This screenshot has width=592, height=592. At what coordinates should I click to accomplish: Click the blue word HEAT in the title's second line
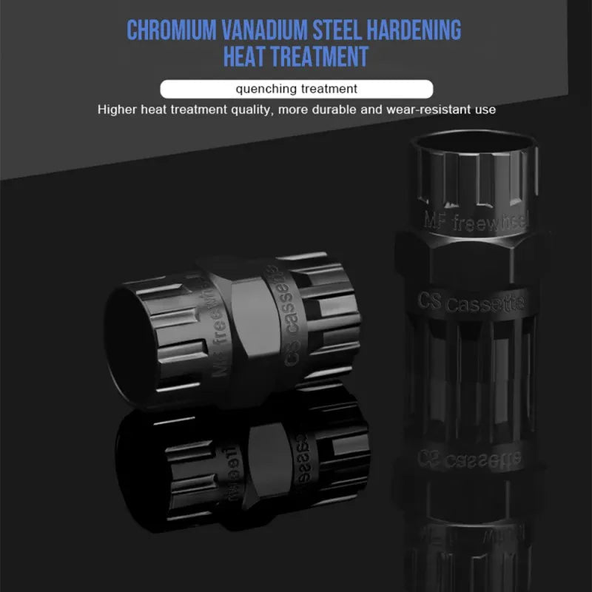pyautogui.click(x=251, y=57)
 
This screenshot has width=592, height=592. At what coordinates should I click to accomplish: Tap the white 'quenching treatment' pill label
pyautogui.click(x=296, y=89)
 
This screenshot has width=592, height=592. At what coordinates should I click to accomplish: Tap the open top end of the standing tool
pyautogui.click(x=472, y=138)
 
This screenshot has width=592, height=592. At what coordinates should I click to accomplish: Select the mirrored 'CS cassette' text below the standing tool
pyautogui.click(x=466, y=456)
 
